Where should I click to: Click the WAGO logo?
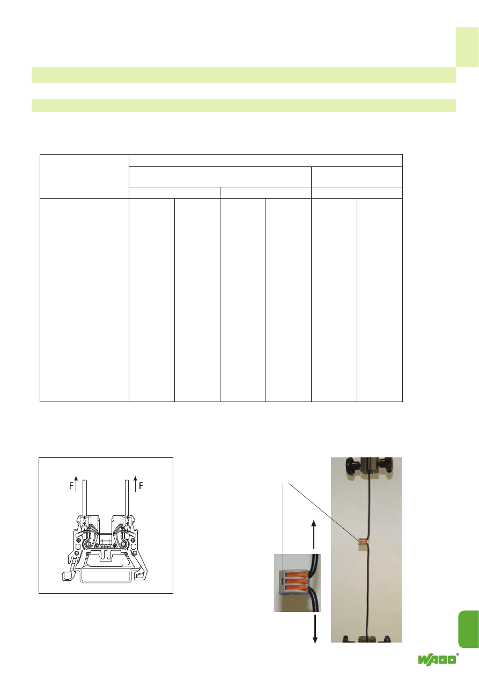[437, 659]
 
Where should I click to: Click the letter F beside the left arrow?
[71, 486]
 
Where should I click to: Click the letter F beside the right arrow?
[141, 486]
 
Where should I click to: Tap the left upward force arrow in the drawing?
[76, 483]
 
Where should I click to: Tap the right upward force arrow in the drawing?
[135, 483]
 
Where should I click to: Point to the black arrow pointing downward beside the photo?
[315, 629]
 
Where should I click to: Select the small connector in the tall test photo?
[363, 542]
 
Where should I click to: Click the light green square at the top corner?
[467, 47]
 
